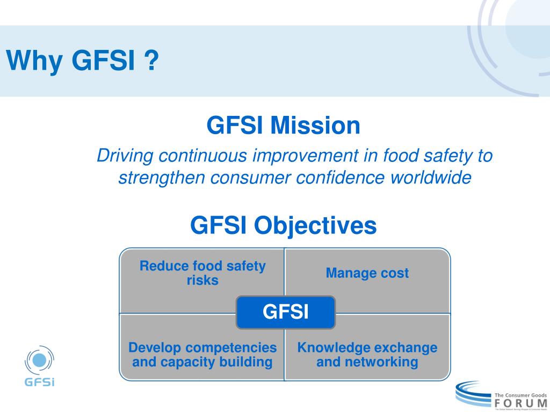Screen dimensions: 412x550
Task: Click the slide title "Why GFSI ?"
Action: tap(83, 60)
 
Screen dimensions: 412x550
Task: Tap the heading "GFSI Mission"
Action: tap(283, 126)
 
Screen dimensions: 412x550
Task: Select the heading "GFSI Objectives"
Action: tap(283, 225)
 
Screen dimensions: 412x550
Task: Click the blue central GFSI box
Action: tap(285, 312)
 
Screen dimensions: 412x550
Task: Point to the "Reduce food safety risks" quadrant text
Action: tap(202, 273)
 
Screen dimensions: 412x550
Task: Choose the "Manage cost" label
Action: tap(367, 273)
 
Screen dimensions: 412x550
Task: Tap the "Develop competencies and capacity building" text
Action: tap(202, 355)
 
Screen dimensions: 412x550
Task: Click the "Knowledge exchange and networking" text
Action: tap(367, 355)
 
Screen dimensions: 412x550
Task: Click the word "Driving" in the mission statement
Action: tap(125, 156)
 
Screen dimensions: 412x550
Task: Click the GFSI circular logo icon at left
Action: tap(40, 360)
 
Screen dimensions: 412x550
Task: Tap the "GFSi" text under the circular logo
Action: tap(40, 382)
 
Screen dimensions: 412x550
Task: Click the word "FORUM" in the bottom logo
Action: tap(520, 402)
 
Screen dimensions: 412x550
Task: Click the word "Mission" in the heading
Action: tap(315, 126)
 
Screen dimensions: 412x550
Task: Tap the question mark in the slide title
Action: tap(152, 60)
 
